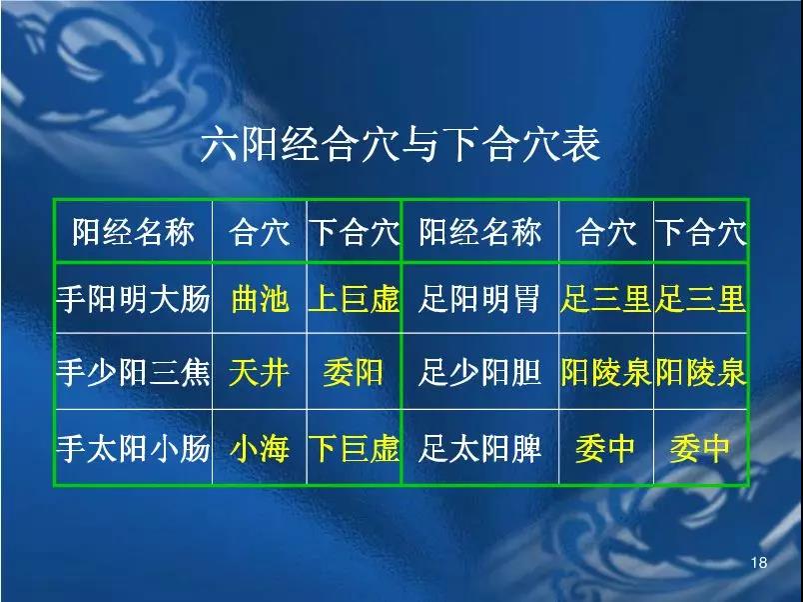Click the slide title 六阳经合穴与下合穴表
[400, 145]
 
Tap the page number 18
[759, 563]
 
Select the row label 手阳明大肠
[133, 299]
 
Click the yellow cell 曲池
[260, 299]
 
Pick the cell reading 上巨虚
[354, 299]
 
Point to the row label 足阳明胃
[479, 299]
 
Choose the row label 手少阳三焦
[133, 372]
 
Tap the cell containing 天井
[259, 372]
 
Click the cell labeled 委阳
[354, 372]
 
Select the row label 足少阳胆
[479, 372]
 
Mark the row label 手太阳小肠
[133, 448]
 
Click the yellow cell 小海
[260, 448]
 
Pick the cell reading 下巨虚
[354, 448]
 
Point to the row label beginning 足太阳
[479, 448]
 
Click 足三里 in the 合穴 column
[606, 299]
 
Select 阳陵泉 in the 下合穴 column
[700, 372]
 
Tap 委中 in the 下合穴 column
[700, 448]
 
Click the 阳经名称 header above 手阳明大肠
[133, 232]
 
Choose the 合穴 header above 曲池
[260, 232]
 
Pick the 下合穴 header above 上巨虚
[354, 232]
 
